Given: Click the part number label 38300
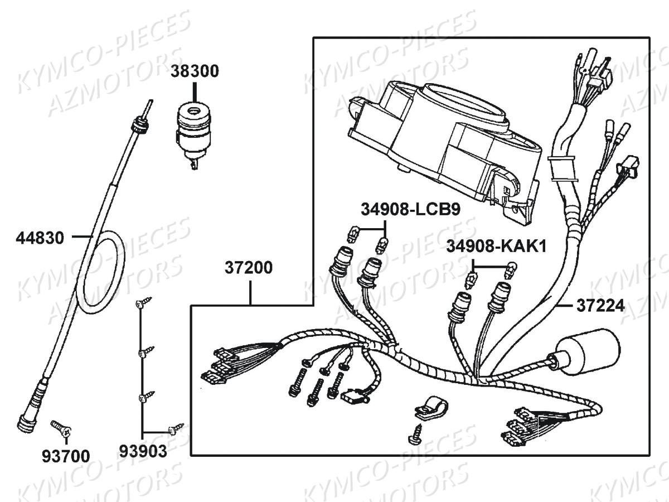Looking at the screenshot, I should click(195, 71).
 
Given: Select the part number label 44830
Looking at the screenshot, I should click(40, 238).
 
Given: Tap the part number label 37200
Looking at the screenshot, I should click(249, 268).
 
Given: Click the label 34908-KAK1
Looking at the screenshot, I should click(496, 245).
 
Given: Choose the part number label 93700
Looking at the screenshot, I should click(65, 456).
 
